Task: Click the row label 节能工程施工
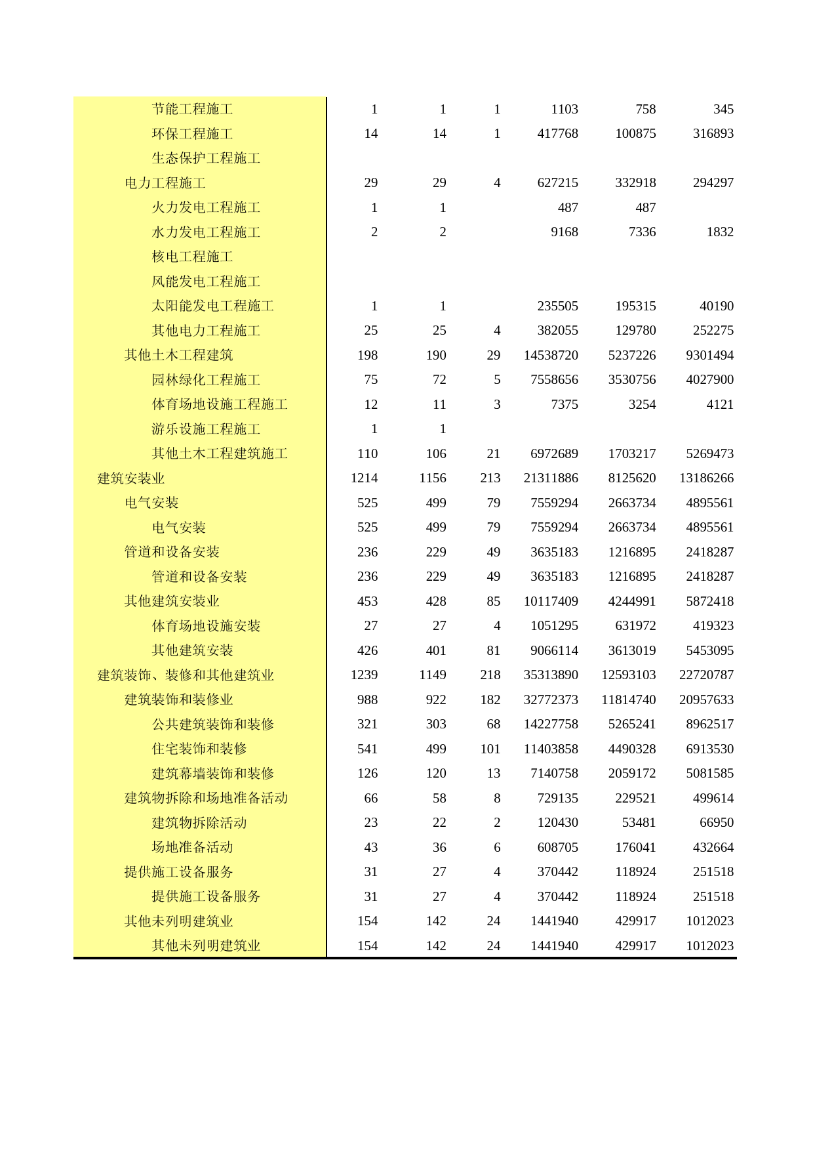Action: pos(192,109)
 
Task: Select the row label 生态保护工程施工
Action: pos(206,158)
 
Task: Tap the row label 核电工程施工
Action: pos(192,257)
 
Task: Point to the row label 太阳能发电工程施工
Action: pos(212,306)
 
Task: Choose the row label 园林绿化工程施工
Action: pos(206,380)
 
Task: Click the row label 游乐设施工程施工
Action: pos(206,429)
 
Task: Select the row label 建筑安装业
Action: pos(131,478)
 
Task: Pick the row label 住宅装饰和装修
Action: pos(199,749)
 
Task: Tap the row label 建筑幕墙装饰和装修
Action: pos(212,774)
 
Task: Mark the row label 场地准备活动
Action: pos(192,847)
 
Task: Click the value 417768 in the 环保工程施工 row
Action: pos(557,134)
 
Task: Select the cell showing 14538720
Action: pos(551,355)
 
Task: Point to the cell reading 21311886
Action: pos(551,478)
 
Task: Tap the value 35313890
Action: pos(551,675)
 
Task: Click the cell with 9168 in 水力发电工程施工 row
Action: pos(565,232)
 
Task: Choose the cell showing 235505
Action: pos(557,306)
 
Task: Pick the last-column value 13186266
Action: pos(706,478)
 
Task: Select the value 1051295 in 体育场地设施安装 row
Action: pos(554,626)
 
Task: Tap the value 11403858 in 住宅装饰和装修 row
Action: pos(551,749)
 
